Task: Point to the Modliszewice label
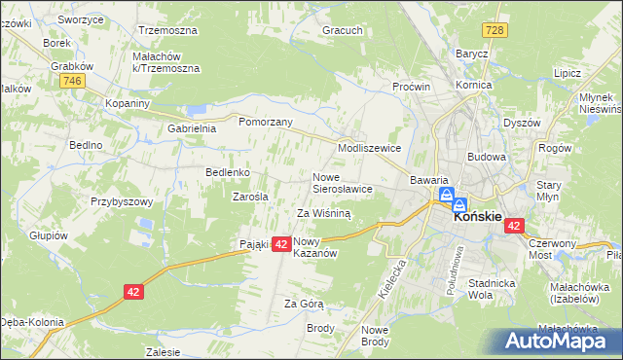click(x=369, y=148)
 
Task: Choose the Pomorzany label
click(x=266, y=124)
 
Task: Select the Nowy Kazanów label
click(x=314, y=247)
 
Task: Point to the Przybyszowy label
click(x=123, y=201)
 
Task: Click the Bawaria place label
click(x=428, y=180)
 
